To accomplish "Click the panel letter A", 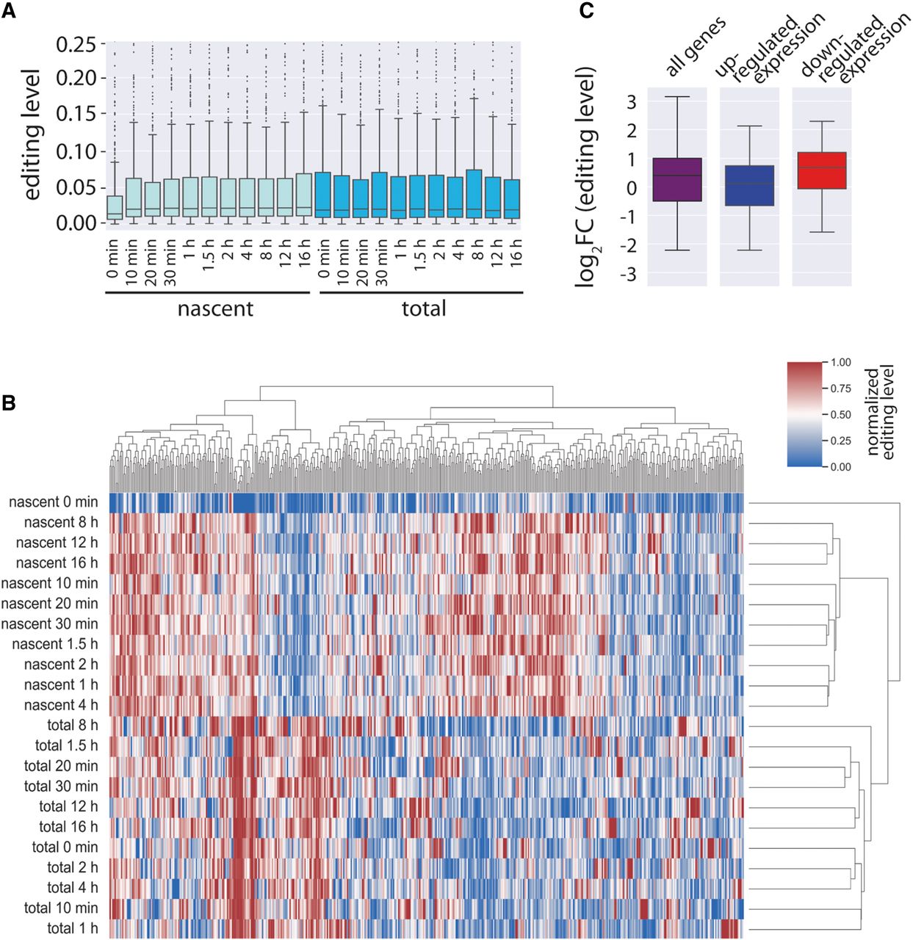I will tap(9, 12).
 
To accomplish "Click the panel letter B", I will tap(9, 402).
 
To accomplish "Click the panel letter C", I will tap(588, 12).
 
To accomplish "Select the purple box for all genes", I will tap(676, 179).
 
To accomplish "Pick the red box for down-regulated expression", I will tap(822, 170).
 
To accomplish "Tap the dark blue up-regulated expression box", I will tap(749, 185).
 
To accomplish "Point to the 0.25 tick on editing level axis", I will tap(76, 45).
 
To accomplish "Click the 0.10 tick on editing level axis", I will tap(76, 151).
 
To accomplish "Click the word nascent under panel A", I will tap(215, 308).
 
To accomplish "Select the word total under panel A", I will tap(424, 308).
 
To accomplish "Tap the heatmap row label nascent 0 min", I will tap(54, 502).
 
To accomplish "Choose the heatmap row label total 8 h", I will tap(72, 726).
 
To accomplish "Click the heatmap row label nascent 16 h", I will tap(57, 563).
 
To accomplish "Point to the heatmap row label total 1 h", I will tap(72, 928).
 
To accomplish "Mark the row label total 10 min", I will tap(61, 908).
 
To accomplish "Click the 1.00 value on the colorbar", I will tap(841, 362).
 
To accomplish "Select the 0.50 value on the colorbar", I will tap(841, 414).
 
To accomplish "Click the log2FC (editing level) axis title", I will tap(585, 176).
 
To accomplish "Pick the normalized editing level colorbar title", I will tap(881, 413).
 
